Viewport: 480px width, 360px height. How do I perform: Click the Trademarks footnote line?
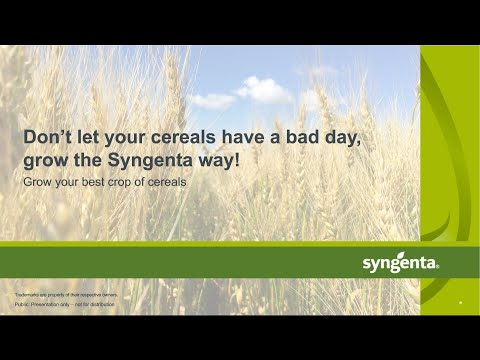[66, 296]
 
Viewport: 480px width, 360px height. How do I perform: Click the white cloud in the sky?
[263, 90]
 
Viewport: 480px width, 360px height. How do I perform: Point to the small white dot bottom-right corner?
[460, 302]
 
